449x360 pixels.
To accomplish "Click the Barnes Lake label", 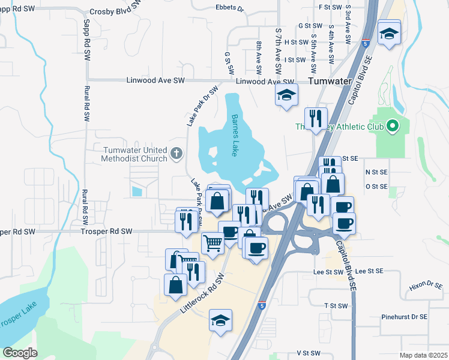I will tap(235, 136).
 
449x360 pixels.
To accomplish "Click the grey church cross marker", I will tap(176, 154).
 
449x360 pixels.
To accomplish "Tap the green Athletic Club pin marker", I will tap(392, 126).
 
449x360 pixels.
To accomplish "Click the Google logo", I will tap(20, 352).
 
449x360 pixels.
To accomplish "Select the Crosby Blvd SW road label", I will tap(115, 10).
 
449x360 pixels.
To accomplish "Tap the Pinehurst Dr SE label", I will tap(404, 316).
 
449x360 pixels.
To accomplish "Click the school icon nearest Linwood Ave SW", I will tap(286, 94).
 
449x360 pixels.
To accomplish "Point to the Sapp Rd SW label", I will tap(87, 40).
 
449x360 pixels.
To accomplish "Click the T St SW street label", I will tap(336, 305).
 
